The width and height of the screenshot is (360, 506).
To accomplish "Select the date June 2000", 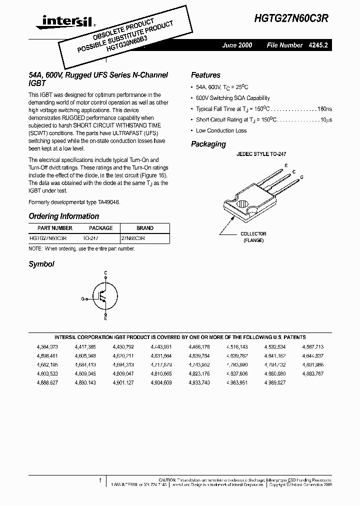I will coord(237,45).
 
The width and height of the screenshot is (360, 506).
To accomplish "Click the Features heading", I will coord(205,75).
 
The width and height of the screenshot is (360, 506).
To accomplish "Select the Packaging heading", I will coord(208,144).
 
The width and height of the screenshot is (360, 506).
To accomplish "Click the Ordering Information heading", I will coord(63,216).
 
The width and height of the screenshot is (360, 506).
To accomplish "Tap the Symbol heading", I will coord(41,264).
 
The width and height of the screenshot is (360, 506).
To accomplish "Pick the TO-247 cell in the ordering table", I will coord(90,238).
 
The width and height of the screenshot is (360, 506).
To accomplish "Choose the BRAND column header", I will coord(144,228).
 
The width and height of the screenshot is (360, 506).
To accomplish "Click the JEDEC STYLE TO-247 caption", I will coord(261,154).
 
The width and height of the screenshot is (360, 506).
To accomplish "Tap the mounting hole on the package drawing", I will coord(242,204).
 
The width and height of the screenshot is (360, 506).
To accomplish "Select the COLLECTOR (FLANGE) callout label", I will coord(253,237).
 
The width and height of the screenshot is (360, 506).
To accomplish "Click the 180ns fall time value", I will coord(324,108).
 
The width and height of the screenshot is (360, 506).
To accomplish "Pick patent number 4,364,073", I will coord(47,346).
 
